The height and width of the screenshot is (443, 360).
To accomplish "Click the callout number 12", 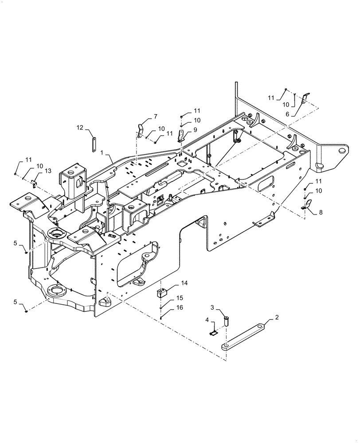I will [79, 128].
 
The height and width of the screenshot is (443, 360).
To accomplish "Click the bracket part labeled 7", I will [141, 131].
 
